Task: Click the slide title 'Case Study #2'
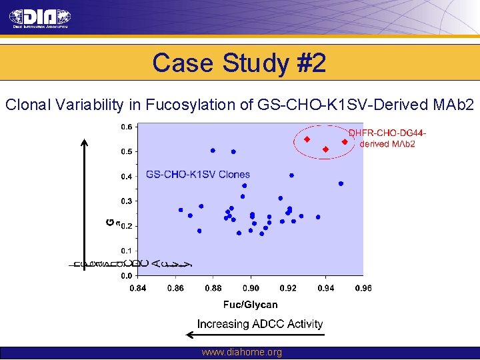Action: click(239, 63)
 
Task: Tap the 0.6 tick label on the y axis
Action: click(126, 126)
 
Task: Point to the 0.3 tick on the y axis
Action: click(126, 201)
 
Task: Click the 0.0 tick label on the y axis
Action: click(126, 275)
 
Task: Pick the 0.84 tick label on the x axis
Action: click(138, 288)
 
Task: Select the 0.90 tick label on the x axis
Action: click(251, 288)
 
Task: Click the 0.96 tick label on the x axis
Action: click(363, 288)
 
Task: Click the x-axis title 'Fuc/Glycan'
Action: click(250, 305)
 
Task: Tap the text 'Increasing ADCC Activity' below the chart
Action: click(260, 324)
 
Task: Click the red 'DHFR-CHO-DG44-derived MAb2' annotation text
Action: click(387, 138)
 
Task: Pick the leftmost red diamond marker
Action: click(307, 139)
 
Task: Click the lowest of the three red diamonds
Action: click(325, 149)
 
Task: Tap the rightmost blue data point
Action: click(341, 183)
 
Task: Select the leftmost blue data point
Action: click(181, 210)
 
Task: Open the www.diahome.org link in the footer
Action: click(241, 353)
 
